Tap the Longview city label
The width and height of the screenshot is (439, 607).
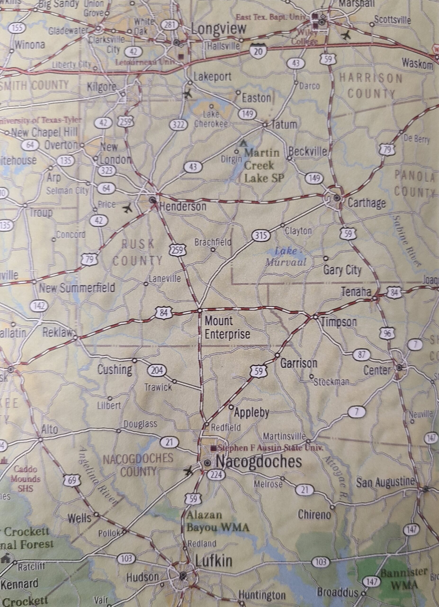click(218, 29)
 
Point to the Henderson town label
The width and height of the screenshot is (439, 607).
click(183, 206)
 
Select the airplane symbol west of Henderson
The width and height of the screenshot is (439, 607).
click(128, 208)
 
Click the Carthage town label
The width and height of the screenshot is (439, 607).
click(366, 203)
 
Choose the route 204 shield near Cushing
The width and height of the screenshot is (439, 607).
click(157, 371)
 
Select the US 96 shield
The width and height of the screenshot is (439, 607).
click(386, 333)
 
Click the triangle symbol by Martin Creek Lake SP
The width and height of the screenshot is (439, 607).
click(243, 143)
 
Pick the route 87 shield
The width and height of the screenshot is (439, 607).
click(361, 355)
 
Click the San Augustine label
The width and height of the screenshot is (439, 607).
click(385, 482)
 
